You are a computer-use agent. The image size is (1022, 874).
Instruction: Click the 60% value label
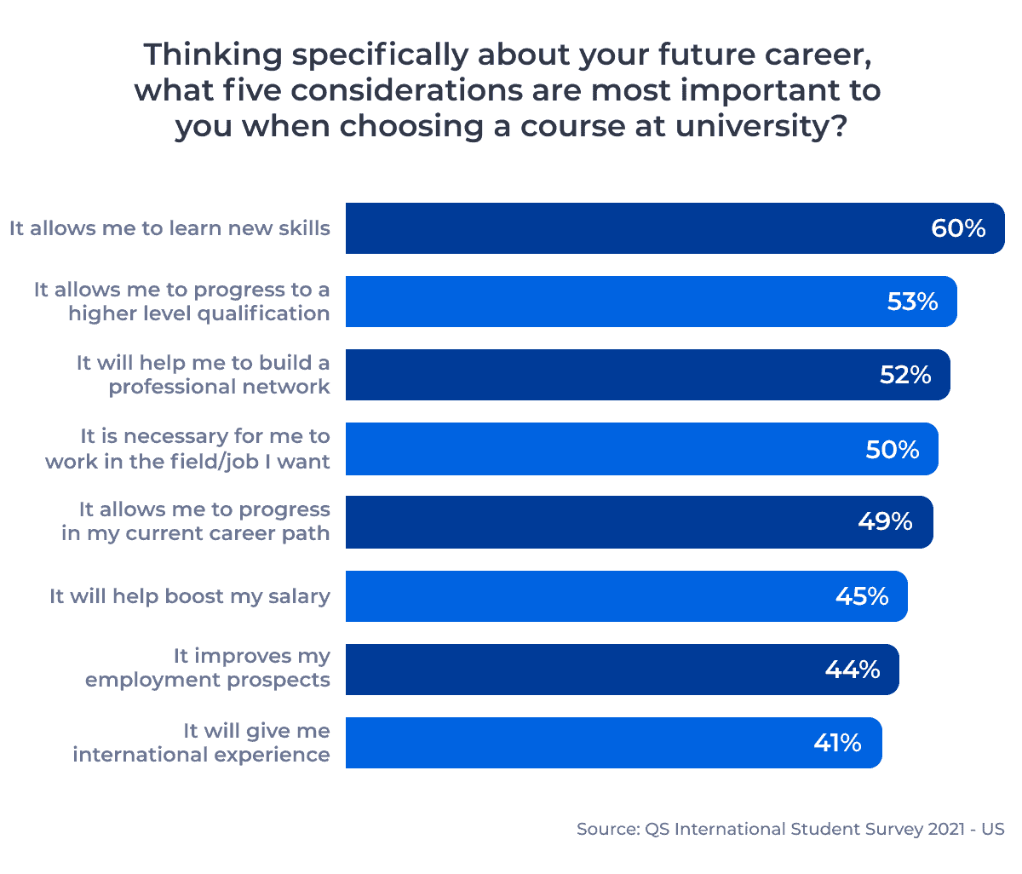(x=958, y=228)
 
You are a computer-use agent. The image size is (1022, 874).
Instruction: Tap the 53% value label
(x=912, y=302)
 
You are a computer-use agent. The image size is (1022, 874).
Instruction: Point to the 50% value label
(x=892, y=449)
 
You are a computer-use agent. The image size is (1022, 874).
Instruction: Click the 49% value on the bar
(x=885, y=521)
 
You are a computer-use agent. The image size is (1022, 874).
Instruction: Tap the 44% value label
(x=853, y=670)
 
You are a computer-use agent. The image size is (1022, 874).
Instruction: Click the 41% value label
(x=837, y=743)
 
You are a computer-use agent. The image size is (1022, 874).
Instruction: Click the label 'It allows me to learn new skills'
(x=169, y=228)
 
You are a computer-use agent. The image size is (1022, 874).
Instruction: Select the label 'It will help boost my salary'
(x=189, y=596)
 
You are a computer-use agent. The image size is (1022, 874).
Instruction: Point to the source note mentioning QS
(x=789, y=829)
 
